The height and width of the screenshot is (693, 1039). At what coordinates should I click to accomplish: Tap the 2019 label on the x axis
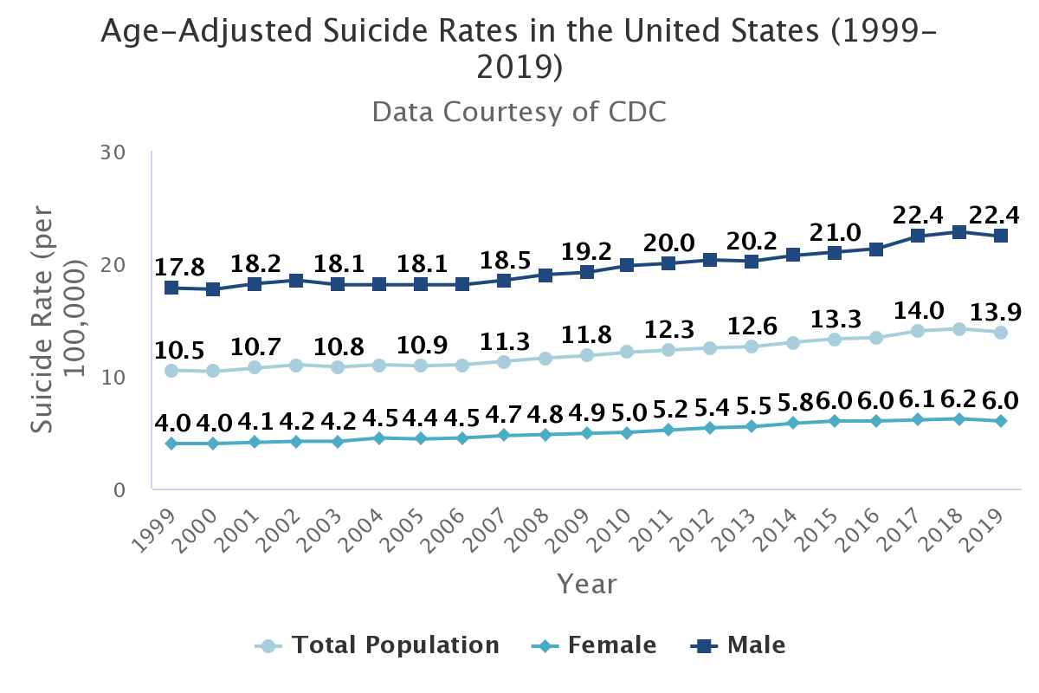991,527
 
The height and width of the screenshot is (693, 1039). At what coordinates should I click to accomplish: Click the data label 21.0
835,233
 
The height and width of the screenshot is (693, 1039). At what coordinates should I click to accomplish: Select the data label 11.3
503,340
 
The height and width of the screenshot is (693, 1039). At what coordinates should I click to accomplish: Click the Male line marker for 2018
959,232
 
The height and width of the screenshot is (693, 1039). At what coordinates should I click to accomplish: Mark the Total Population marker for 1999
171,371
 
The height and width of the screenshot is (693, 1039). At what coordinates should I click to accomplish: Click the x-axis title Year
586,584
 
